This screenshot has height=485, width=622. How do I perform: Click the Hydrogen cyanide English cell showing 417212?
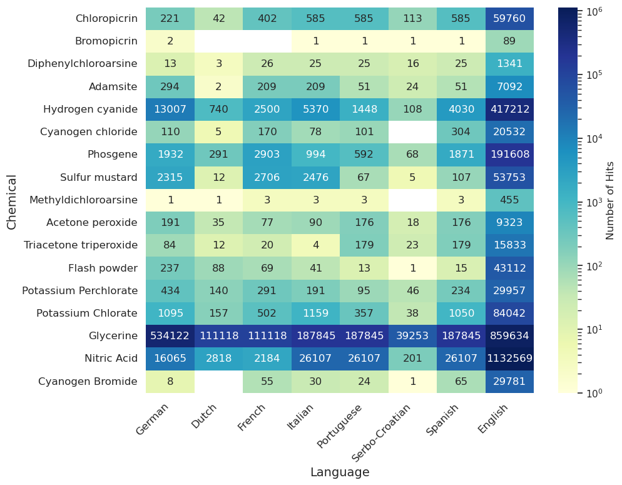pyautogui.click(x=509, y=110)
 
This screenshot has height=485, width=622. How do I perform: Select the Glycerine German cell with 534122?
pyautogui.click(x=170, y=336)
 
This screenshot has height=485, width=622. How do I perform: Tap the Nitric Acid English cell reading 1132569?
pyautogui.click(x=509, y=359)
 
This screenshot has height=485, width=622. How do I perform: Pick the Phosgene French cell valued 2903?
pyautogui.click(x=267, y=155)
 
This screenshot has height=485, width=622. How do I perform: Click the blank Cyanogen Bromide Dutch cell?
pyautogui.click(x=218, y=381)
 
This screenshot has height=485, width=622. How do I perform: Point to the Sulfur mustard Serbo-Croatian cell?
pyautogui.click(x=412, y=177)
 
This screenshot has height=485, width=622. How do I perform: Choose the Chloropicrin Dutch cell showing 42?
pyautogui.click(x=218, y=19)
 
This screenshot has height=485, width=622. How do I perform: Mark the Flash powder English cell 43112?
pyautogui.click(x=509, y=268)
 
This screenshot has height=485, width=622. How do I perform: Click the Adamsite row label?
pyautogui.click(x=114, y=86)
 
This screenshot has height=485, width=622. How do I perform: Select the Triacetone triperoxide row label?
pyautogui.click(x=81, y=245)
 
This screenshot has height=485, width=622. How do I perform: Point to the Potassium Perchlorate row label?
pyautogui.click(x=79, y=290)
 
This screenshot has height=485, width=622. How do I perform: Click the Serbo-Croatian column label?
pyautogui.click(x=382, y=432)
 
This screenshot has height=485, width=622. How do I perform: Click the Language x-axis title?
pyautogui.click(x=340, y=472)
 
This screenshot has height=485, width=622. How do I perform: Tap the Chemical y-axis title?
pyautogui.click(x=12, y=202)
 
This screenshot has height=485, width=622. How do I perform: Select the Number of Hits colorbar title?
pyautogui.click(x=610, y=200)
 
